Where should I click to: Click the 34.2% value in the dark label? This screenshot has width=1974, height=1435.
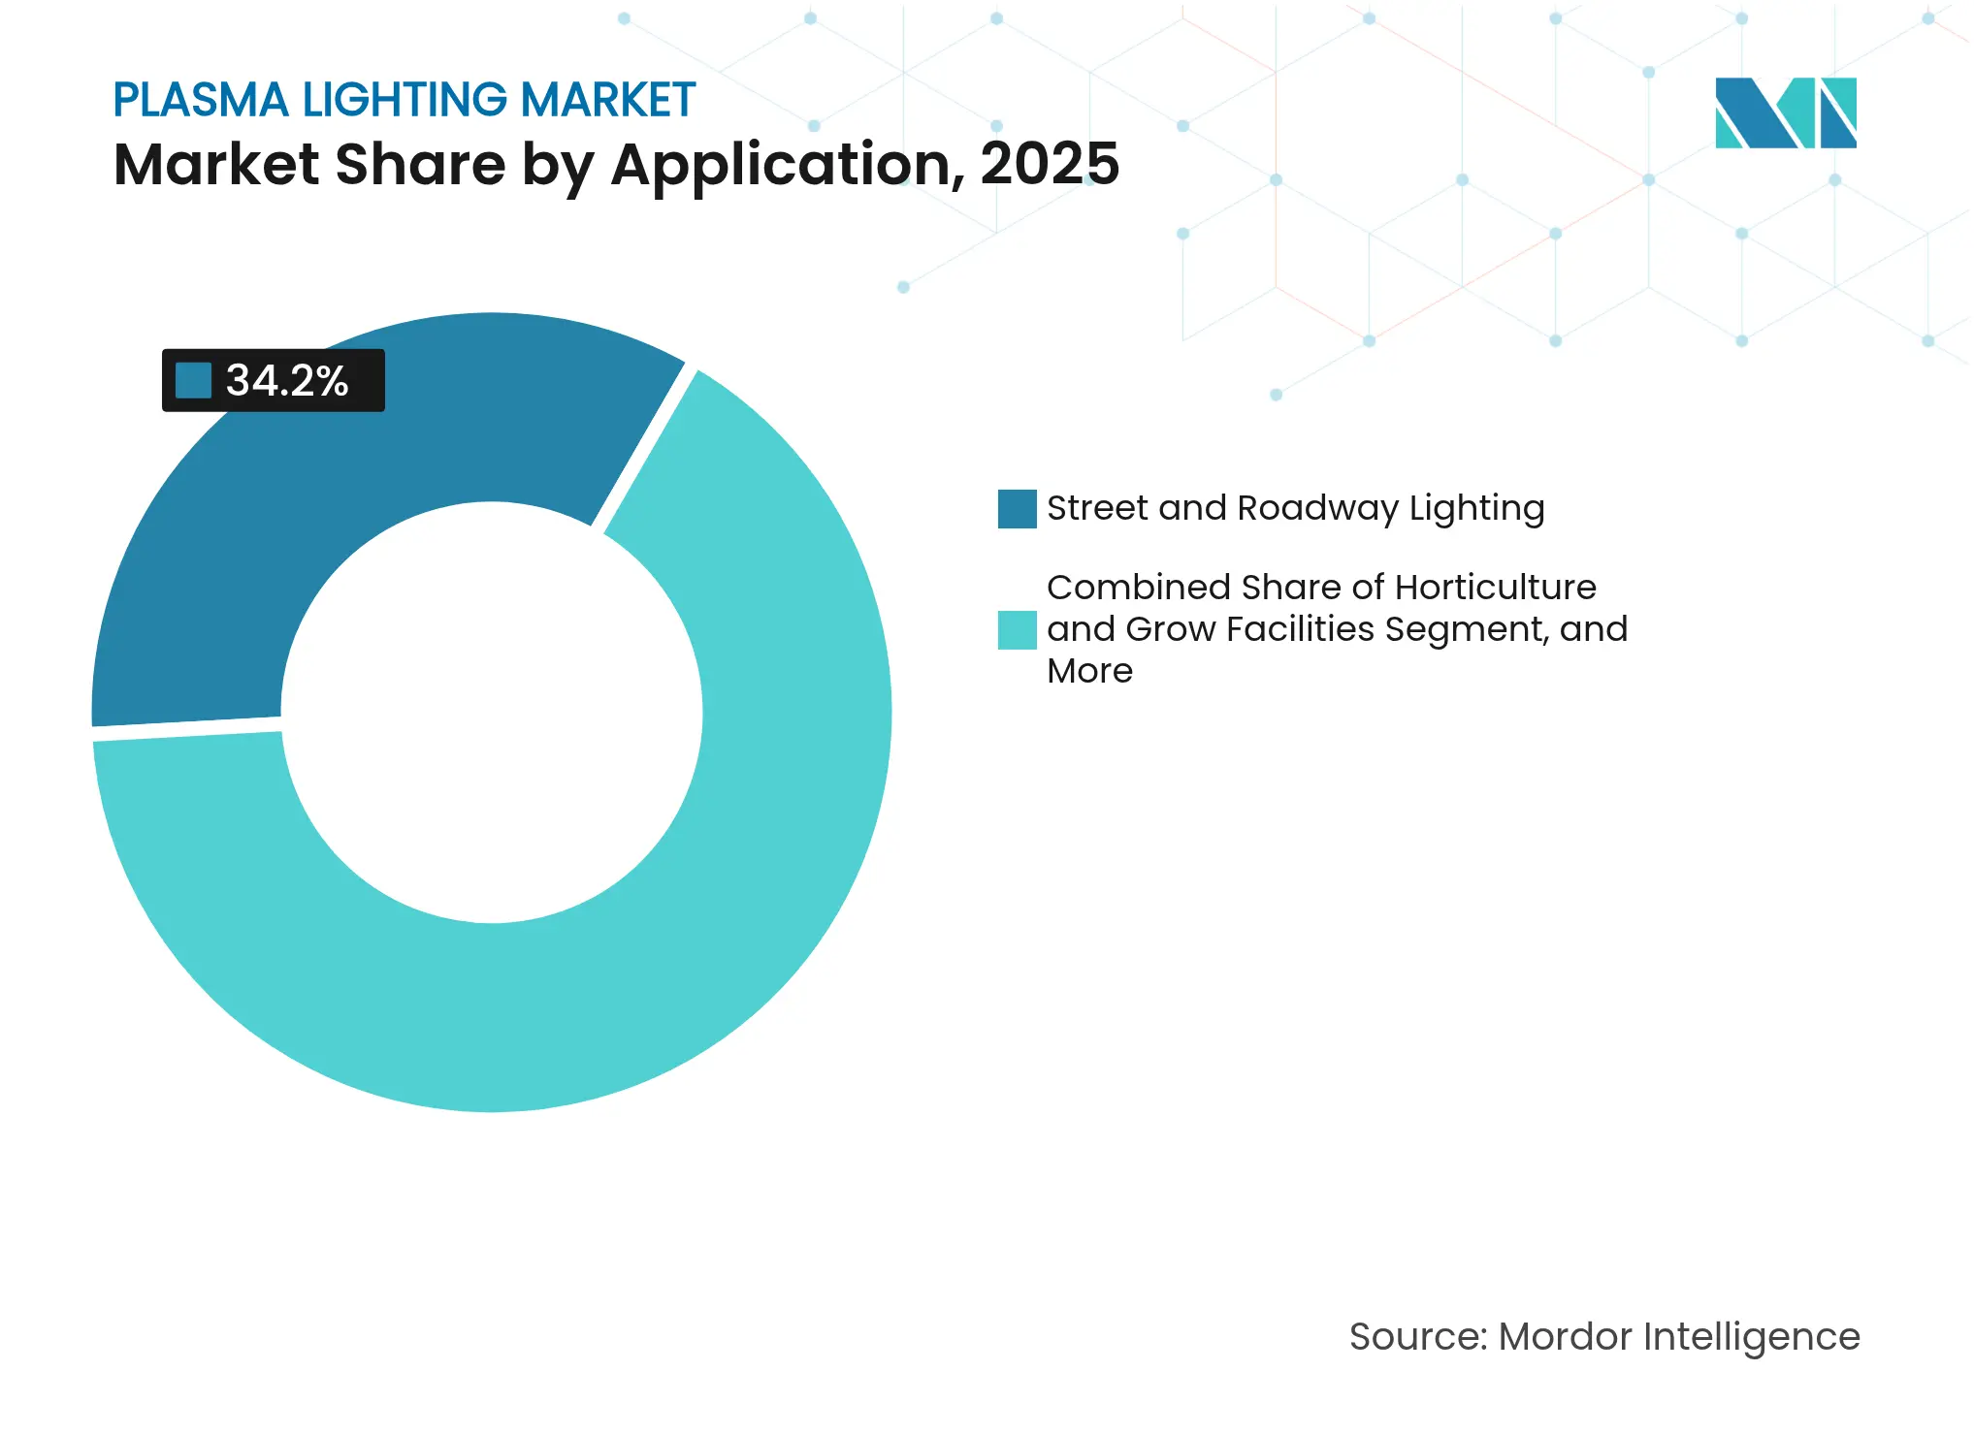point(287,380)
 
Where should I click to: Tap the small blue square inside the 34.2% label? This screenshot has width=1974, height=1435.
point(193,380)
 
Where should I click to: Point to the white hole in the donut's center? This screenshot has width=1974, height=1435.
point(492,713)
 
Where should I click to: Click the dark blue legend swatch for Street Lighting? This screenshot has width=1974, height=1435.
point(1017,509)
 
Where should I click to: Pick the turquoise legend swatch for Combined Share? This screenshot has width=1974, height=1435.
point(1017,629)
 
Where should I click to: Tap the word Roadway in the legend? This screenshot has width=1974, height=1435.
point(1317,509)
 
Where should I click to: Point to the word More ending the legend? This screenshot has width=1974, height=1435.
point(1089,671)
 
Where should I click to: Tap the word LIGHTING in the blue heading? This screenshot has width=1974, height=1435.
point(405,100)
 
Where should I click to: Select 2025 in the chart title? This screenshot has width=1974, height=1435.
point(1050,164)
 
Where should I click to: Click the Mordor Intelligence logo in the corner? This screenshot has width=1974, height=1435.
point(1785,112)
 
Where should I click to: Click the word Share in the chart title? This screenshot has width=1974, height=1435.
point(420,164)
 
